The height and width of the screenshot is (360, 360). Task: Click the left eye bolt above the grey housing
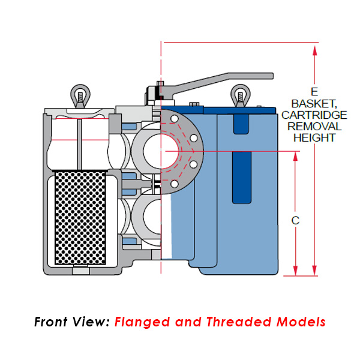(x=79, y=95)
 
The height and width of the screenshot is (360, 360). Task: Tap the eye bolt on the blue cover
(x=240, y=95)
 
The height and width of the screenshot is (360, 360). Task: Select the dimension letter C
(x=295, y=220)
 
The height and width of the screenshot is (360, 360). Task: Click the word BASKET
(x=314, y=104)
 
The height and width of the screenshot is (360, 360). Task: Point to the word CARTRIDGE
(x=314, y=115)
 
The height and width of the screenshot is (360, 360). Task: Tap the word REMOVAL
(x=314, y=126)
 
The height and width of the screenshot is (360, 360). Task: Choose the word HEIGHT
(x=314, y=137)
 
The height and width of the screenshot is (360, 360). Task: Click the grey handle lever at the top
(x=222, y=80)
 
